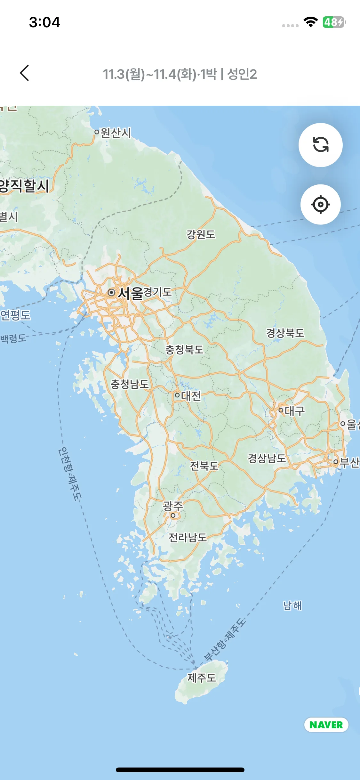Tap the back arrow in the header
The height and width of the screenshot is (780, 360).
[25, 73]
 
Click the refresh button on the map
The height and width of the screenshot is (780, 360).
[320, 145]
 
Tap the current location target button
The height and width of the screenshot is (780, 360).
[320, 204]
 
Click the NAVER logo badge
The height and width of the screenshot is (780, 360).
[326, 725]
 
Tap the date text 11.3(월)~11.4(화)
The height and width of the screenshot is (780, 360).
[149, 74]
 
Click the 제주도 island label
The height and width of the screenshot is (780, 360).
[202, 678]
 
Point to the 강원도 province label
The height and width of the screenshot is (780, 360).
[201, 234]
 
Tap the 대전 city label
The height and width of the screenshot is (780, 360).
[191, 396]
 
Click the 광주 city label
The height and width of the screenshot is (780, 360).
[173, 506]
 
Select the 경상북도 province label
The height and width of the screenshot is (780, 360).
[285, 333]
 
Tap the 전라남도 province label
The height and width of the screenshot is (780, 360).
[188, 537]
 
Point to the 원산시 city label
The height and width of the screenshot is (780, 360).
[116, 133]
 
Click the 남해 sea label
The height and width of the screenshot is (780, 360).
[292, 605]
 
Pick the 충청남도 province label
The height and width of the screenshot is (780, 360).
[130, 384]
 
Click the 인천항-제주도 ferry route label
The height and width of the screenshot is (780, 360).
[70, 474]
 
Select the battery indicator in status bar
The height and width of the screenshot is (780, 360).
[334, 22]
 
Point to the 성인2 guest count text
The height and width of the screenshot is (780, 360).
[242, 74]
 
